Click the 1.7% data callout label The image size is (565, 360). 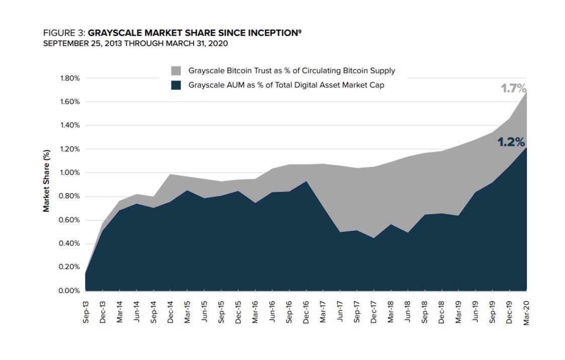(513, 89)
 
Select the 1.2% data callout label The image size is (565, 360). (511, 142)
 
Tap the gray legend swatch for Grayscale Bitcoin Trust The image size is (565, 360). (176, 70)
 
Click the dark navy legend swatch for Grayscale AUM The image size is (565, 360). (176, 85)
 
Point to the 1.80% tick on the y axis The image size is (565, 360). (70, 78)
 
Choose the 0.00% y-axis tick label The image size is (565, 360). (70, 291)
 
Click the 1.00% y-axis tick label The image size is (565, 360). (70, 173)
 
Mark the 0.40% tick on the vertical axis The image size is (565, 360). (70, 244)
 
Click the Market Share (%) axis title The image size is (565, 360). (46, 181)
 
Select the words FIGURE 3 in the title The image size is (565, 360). (64, 33)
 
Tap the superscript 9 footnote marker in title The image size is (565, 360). (300, 31)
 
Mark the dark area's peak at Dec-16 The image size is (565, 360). (306, 182)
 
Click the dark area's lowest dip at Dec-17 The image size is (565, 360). (374, 238)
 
